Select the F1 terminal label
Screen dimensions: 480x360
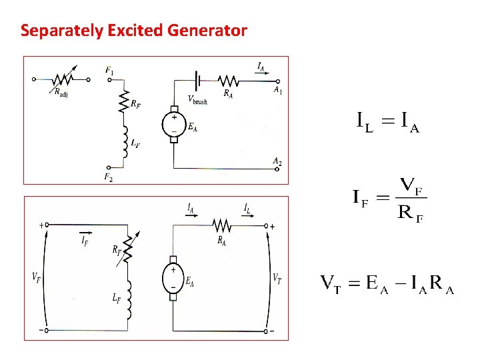point(109,70)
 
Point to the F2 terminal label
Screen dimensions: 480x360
point(109,177)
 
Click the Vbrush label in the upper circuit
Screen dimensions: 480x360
point(197,101)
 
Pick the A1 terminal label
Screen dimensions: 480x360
point(277,90)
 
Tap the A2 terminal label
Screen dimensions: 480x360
point(277,161)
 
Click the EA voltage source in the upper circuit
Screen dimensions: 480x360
point(174,125)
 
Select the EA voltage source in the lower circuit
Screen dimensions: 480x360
point(173,276)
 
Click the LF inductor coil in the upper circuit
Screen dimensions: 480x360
point(123,143)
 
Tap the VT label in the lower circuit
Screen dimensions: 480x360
point(277,277)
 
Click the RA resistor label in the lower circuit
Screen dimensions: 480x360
point(221,241)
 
